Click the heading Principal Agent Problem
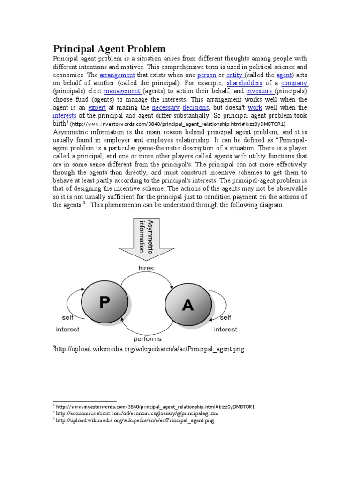(109, 49)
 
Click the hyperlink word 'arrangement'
(117, 75)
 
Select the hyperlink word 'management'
(122, 91)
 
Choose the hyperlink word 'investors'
(259, 91)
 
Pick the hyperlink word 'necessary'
(165, 107)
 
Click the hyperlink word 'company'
(294, 83)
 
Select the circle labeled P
(105, 301)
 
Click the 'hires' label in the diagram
(146, 268)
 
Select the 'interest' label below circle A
(225, 329)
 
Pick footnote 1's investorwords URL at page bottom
(156, 406)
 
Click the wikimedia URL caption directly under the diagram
(149, 349)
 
